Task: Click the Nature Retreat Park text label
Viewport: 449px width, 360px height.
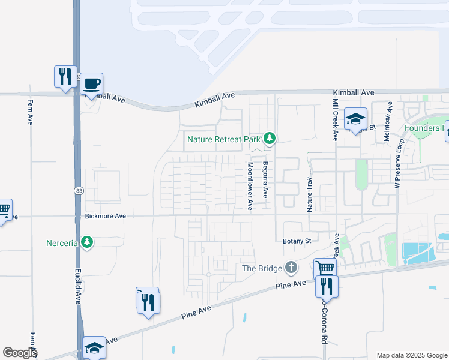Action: (223, 139)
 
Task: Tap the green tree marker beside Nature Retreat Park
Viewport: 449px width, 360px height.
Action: (270, 139)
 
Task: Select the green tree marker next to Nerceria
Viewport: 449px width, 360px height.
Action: (88, 242)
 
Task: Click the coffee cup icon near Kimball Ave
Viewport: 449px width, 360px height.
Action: (92, 84)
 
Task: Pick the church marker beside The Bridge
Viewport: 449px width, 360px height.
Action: (291, 267)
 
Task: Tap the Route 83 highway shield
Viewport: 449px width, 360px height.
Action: (79, 190)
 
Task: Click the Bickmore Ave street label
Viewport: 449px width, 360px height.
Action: (105, 215)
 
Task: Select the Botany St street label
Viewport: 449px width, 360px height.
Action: (297, 241)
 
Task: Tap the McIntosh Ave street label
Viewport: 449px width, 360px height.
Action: (388, 121)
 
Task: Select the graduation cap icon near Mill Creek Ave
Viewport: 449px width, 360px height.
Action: (355, 119)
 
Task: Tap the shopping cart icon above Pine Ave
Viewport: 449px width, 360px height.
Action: (325, 268)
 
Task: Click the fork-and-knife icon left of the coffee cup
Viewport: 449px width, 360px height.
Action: (65, 76)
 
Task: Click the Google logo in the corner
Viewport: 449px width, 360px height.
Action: (20, 353)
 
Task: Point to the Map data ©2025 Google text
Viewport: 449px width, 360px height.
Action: (411, 355)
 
